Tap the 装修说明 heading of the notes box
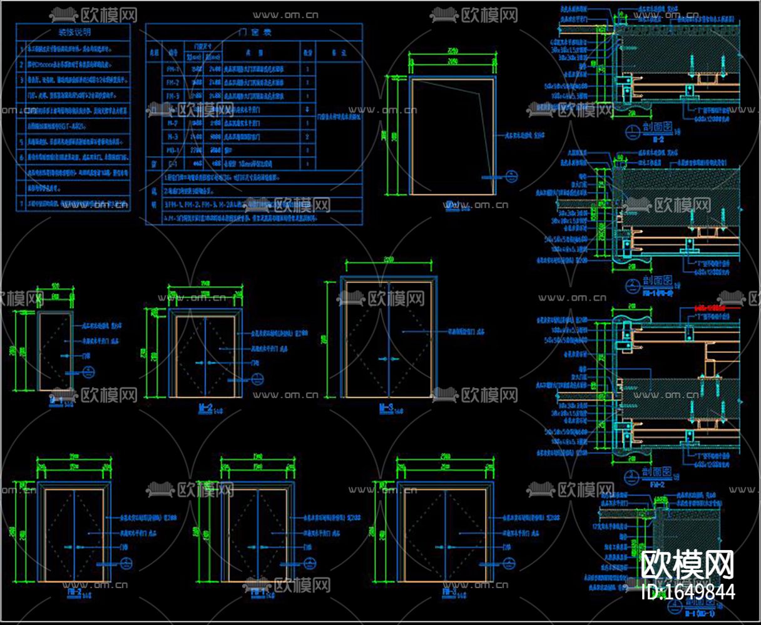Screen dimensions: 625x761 (x=74, y=32)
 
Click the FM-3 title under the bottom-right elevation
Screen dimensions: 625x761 (x=449, y=590)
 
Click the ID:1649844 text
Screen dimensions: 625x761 (x=688, y=592)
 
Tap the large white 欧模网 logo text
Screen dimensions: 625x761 (x=688, y=565)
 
